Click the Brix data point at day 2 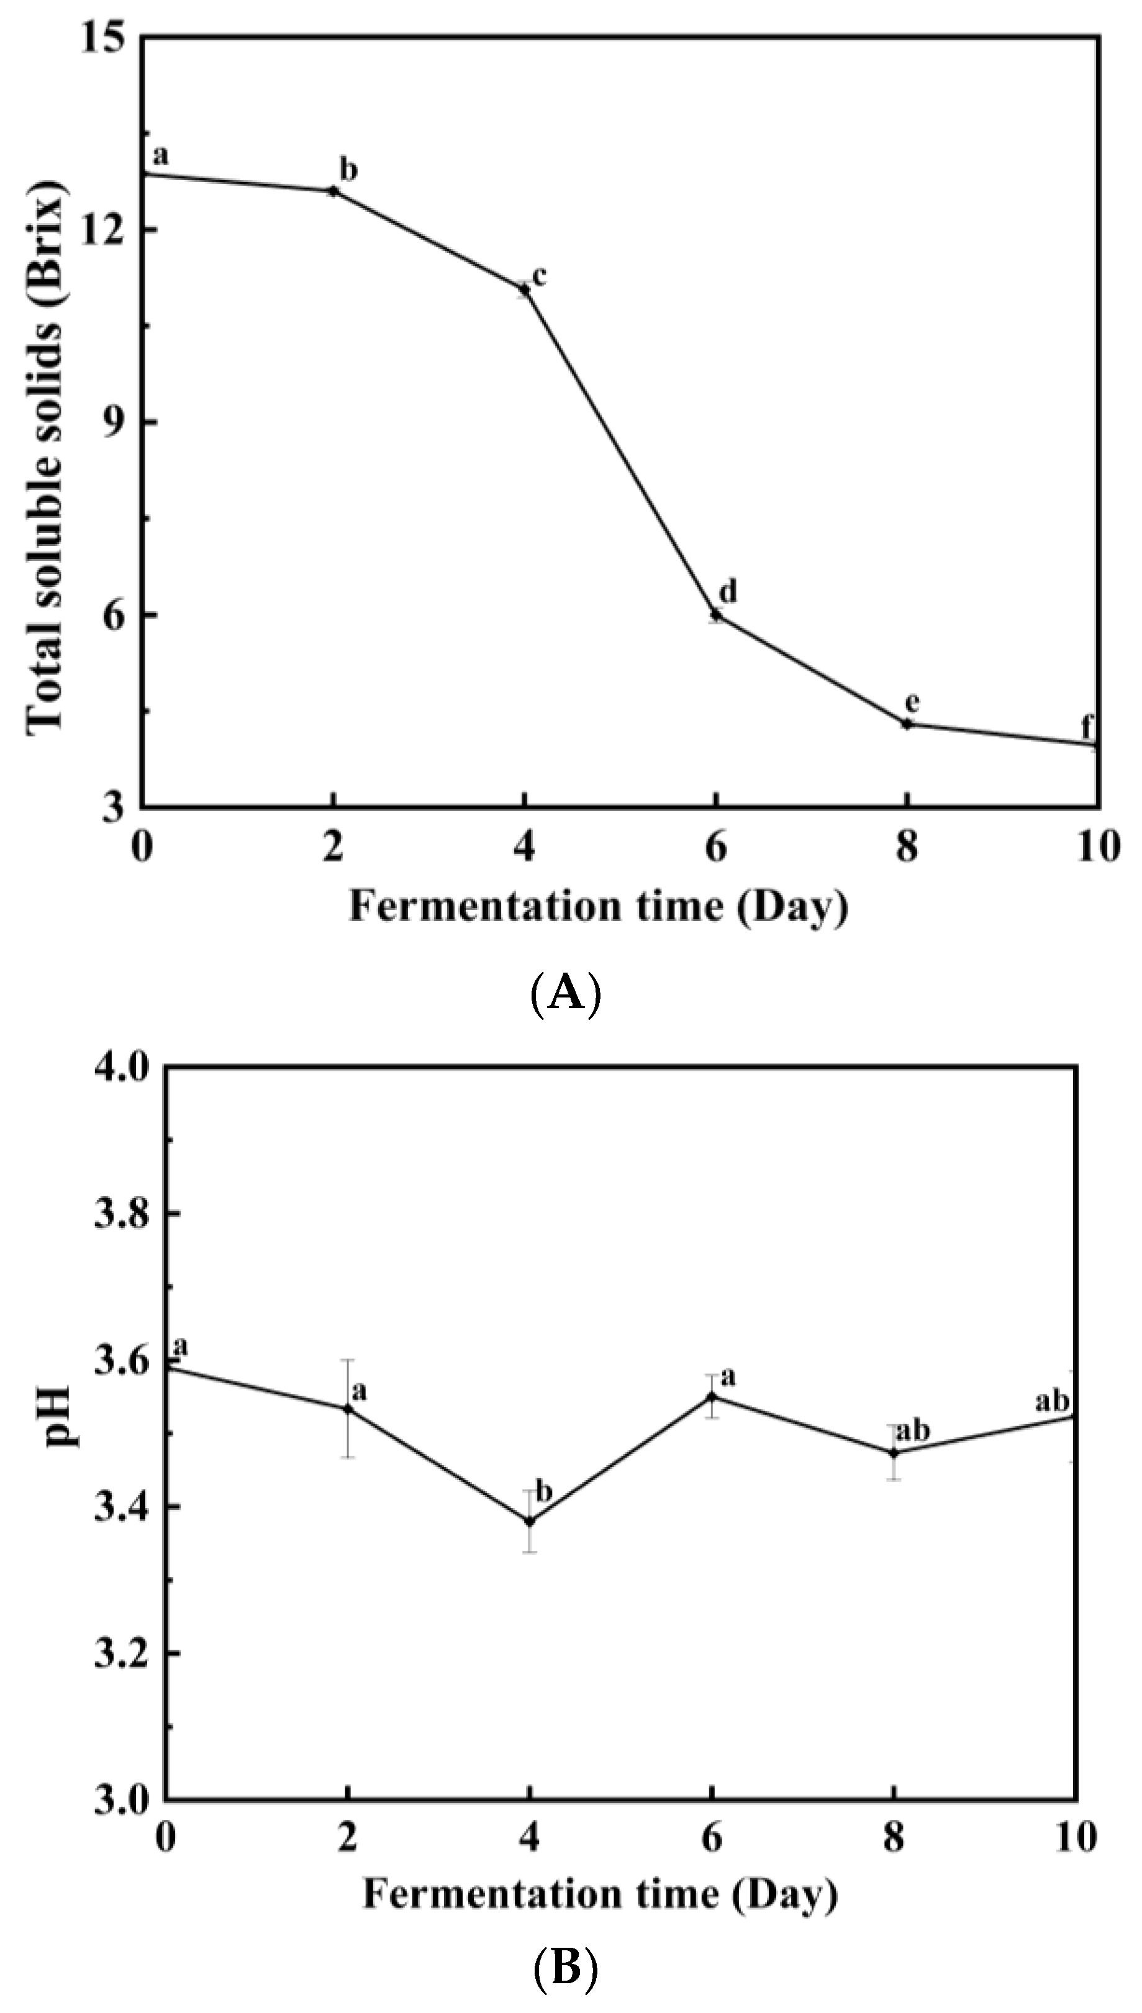tap(333, 191)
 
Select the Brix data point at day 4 tap(524, 289)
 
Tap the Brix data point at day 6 tap(715, 614)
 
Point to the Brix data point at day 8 tap(907, 724)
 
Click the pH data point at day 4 tap(530, 1521)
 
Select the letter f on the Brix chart tap(1086, 725)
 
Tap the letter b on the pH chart tap(543, 1491)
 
